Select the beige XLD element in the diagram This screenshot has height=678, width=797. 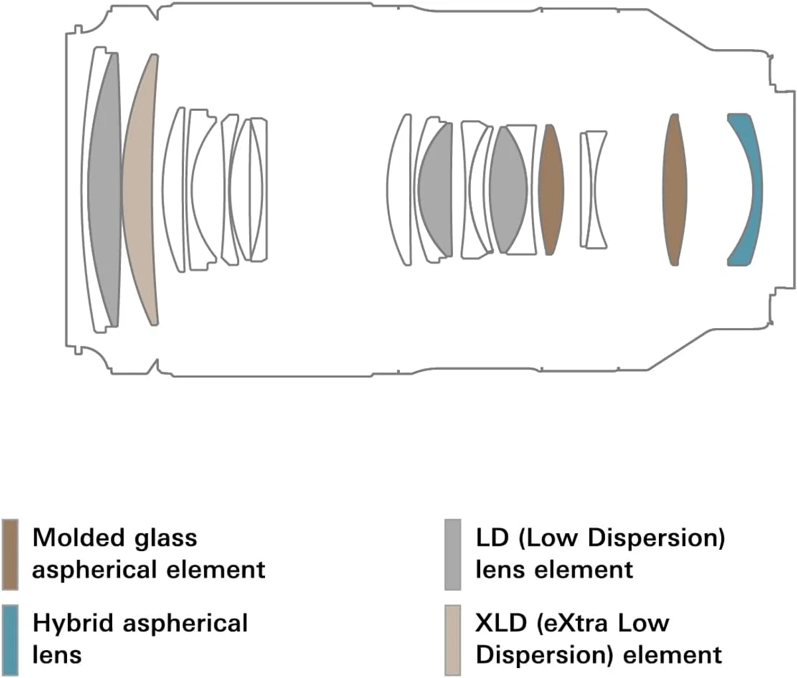click(139, 189)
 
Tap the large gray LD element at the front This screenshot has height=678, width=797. click(104, 189)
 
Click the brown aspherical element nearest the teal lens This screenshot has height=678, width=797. click(675, 189)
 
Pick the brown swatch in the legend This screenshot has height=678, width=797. click(10, 554)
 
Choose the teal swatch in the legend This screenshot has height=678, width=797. click(10, 639)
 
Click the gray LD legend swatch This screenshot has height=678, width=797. click(453, 554)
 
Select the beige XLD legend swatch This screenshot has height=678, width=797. click(453, 639)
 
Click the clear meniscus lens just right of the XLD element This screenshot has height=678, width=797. click(174, 189)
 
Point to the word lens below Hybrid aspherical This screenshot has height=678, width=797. click(57, 655)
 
